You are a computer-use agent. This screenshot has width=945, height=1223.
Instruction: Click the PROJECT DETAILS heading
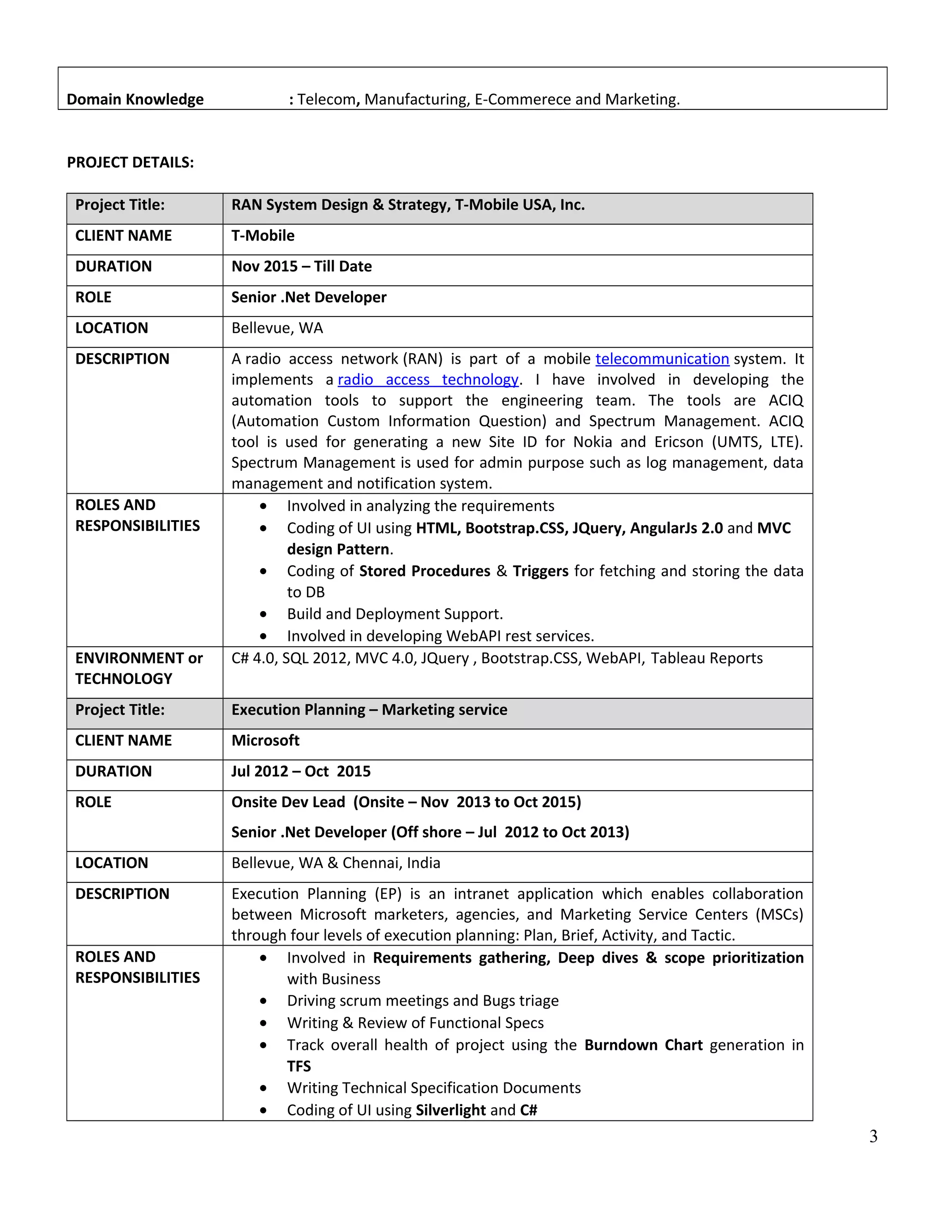coord(131,162)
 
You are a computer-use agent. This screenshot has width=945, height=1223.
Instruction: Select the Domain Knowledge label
coord(135,99)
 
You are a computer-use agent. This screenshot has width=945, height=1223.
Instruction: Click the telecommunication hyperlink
coord(662,359)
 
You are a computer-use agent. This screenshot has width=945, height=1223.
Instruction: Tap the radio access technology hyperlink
coord(428,380)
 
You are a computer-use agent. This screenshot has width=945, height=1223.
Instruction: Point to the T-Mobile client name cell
coord(263,236)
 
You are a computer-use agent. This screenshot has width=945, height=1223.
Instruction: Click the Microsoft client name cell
coord(265,740)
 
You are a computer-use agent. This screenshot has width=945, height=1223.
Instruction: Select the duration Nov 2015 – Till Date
coord(301,267)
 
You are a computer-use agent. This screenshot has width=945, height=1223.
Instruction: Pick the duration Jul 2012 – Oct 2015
coord(301,771)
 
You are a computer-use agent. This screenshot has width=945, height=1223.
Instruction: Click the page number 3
coord(873,1136)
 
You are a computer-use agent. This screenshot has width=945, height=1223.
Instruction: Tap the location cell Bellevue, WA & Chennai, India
coord(336,863)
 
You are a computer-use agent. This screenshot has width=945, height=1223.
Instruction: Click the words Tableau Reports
coord(706,658)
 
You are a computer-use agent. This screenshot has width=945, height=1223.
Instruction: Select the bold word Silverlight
coord(451,1110)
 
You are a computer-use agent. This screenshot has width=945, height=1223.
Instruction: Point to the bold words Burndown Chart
coord(643,1045)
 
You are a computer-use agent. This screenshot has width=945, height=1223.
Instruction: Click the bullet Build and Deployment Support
coord(395,614)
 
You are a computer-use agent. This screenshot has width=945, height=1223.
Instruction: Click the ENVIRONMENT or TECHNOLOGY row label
coord(139,668)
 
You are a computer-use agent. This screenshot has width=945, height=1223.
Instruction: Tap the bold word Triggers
coord(540,571)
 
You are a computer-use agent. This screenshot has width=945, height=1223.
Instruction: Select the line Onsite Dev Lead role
coord(406,802)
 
